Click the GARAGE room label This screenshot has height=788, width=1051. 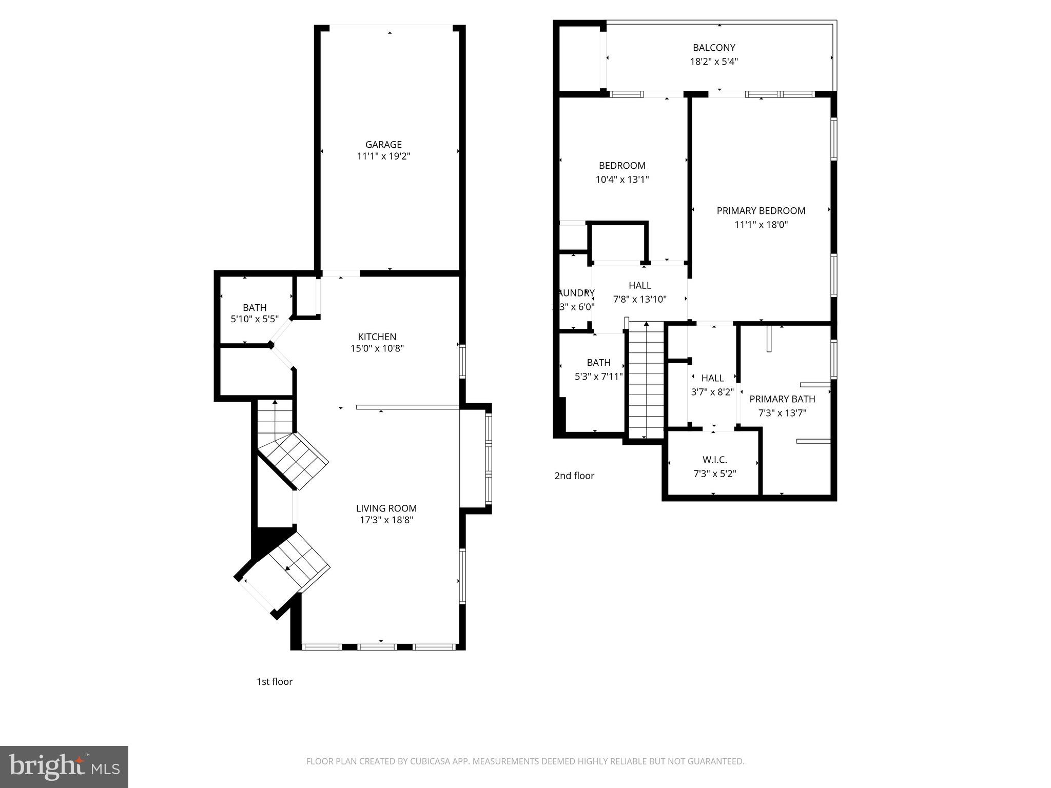(383, 145)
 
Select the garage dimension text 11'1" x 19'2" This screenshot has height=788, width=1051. (383, 156)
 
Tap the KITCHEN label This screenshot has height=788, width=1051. (377, 337)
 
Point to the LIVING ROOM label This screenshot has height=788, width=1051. (386, 508)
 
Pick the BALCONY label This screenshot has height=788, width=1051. (714, 48)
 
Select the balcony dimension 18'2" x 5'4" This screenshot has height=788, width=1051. (714, 62)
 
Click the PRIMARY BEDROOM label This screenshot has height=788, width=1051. (761, 210)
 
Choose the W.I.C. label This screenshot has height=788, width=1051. (714, 460)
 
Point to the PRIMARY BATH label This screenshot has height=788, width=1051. (782, 399)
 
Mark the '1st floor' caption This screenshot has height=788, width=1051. (274, 681)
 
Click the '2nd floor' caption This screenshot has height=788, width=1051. (574, 476)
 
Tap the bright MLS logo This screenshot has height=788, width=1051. (64, 766)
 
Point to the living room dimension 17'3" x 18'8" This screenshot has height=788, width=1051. (386, 520)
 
